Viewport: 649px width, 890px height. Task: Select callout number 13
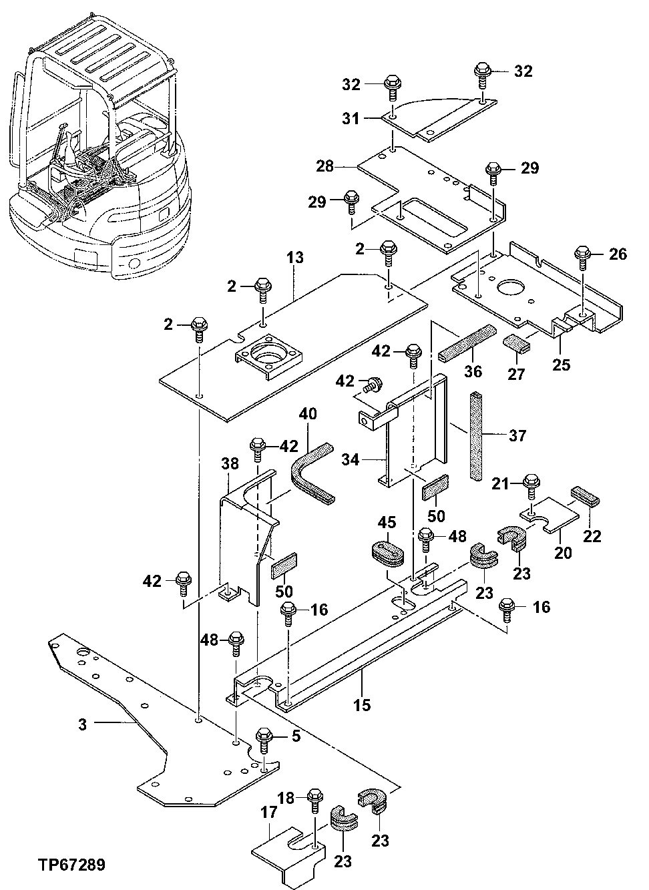pos(295,257)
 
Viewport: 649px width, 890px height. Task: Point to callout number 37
pos(517,436)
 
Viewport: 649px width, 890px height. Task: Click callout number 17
pos(268,813)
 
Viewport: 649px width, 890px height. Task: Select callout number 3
pos(83,724)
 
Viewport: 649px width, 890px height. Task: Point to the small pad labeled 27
pos(516,344)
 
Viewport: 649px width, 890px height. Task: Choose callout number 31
pos(369,118)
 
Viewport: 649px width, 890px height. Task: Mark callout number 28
pos(325,166)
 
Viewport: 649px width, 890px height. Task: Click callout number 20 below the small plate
pos(565,552)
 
